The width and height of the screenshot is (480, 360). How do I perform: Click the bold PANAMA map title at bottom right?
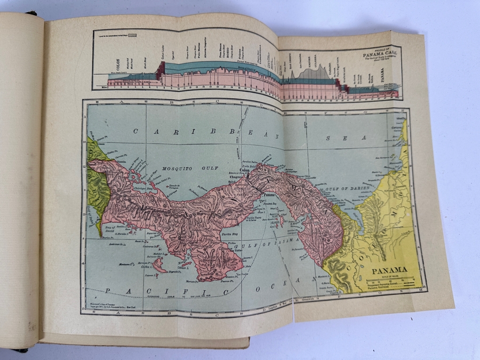click(389, 269)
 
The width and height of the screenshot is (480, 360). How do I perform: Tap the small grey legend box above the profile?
click(132, 35)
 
